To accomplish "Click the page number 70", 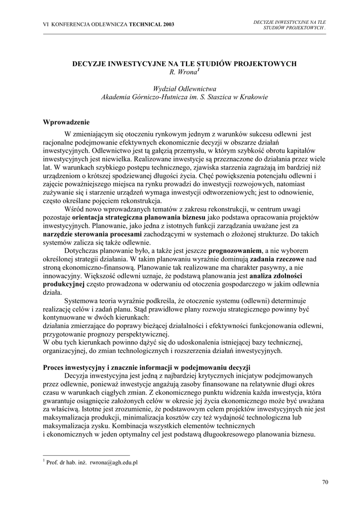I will point(325,482).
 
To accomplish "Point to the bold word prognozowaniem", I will point(235,251).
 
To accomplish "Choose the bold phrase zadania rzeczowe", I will point(277,259).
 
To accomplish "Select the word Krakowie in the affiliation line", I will point(254,97).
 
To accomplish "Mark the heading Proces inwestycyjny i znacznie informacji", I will point(140,367).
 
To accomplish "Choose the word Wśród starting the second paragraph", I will point(74,209).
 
